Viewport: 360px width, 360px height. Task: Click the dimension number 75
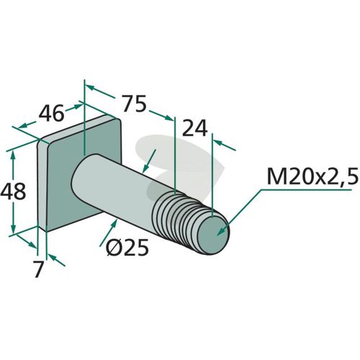[x=134, y=104]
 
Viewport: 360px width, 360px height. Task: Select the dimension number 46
[x=52, y=113]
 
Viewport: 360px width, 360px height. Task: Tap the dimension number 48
[x=13, y=192]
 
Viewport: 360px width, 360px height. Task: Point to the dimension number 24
[x=195, y=127]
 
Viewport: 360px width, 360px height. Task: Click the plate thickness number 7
[x=39, y=269]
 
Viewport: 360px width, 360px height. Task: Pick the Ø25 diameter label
[x=127, y=247]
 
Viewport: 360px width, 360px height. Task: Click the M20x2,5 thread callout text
[x=312, y=176]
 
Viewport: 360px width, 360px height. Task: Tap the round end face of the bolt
[x=213, y=235]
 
